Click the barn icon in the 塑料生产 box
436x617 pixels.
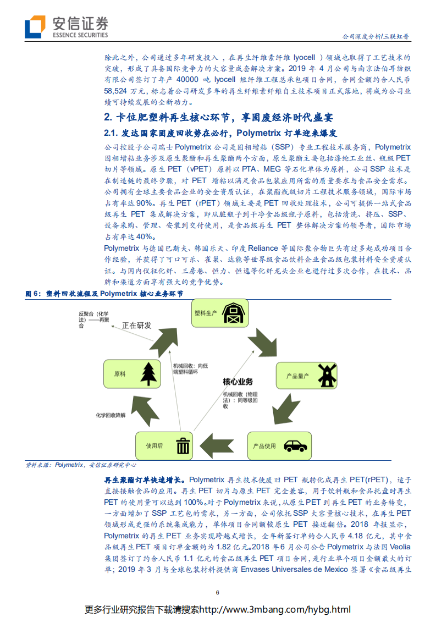click(234, 314)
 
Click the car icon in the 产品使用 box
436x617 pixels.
click(295, 445)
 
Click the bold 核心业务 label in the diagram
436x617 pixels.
click(238, 381)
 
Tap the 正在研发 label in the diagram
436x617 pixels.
click(136, 326)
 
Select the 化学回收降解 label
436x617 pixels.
click(111, 415)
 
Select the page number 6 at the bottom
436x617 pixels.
click(218, 592)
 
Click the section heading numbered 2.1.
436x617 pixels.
click(220, 134)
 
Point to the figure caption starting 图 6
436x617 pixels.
click(104, 294)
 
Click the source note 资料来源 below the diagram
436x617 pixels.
click(81, 465)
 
